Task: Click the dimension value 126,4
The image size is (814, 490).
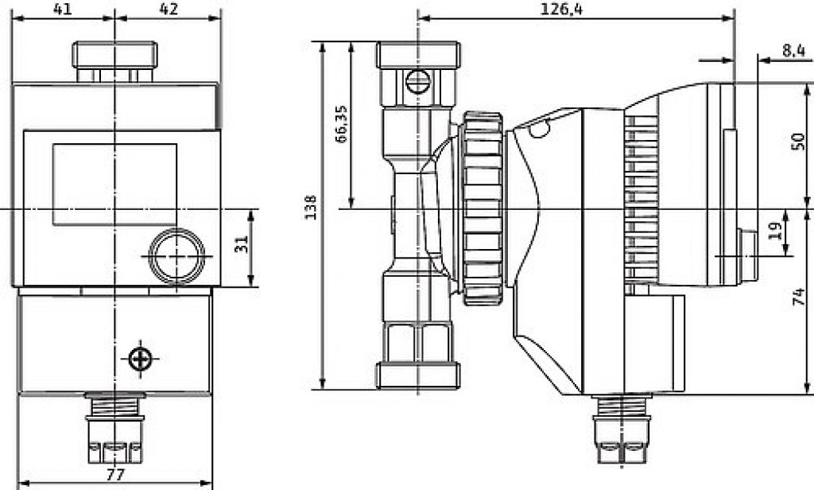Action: [561, 10]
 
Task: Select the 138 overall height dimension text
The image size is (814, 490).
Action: [311, 207]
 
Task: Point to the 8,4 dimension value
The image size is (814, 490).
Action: [793, 50]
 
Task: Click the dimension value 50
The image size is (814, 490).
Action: [797, 142]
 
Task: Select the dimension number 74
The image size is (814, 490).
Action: [799, 297]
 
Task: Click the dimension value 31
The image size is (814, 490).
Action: [241, 243]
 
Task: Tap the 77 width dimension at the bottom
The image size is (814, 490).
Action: [115, 474]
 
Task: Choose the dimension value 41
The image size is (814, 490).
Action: [63, 9]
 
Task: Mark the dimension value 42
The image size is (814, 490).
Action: [169, 9]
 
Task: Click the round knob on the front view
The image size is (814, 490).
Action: [176, 256]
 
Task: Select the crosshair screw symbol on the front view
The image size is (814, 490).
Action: [140, 359]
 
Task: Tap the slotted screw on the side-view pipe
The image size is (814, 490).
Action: [417, 82]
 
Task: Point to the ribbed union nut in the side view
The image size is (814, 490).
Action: [483, 208]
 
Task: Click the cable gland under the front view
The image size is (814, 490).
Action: [114, 428]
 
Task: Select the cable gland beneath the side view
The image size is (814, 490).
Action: [622, 430]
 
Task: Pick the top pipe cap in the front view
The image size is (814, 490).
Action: [114, 61]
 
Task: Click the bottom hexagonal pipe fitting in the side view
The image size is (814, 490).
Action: [418, 355]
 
